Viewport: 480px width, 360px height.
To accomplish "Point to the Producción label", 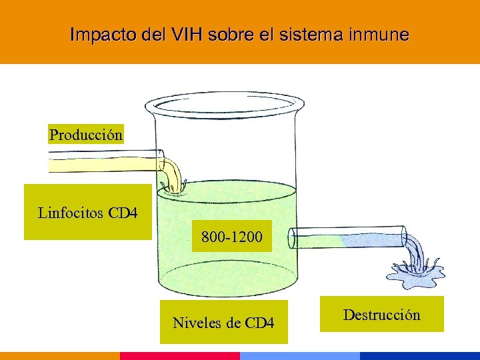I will click(x=86, y=135).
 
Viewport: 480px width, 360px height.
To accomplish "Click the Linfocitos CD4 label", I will click(x=87, y=213).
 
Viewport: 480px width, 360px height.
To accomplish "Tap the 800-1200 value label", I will click(x=232, y=237).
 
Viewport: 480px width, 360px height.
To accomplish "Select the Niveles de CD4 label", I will click(x=223, y=323).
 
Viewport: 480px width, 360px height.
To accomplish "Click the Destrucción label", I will click(x=381, y=315).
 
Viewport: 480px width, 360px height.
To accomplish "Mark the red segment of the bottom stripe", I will click(x=180, y=356).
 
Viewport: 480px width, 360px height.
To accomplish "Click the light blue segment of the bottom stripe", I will click(x=300, y=356).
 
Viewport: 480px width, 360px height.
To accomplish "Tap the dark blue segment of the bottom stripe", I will click(x=420, y=356).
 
